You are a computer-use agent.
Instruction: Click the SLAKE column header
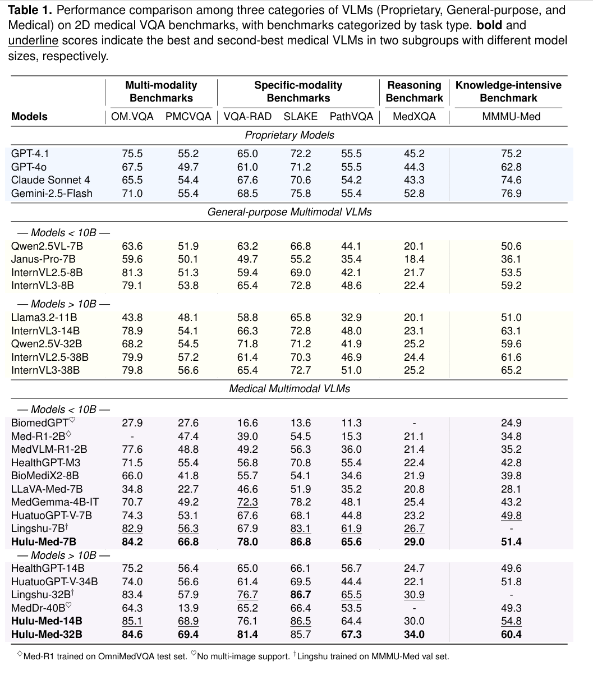coord(300,117)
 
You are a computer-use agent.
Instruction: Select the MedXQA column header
coord(414,117)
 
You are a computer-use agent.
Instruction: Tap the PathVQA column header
coord(351,117)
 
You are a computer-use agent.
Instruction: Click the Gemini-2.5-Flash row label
coord(52,194)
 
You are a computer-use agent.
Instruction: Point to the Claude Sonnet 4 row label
coord(50,180)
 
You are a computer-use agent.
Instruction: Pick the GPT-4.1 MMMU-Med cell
coord(511,154)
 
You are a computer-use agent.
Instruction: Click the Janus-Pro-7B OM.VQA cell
coord(132,259)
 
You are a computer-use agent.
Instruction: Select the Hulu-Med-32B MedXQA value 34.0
coord(414,635)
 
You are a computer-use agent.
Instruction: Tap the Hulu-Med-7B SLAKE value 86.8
coord(300,542)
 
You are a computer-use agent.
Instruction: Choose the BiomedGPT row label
coord(39,423)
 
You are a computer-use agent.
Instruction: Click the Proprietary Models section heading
coord(289,135)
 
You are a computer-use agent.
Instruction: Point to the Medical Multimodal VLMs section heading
coord(289,388)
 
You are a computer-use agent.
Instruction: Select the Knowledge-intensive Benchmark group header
coord(508,91)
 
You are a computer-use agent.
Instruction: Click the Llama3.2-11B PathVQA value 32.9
coord(351,318)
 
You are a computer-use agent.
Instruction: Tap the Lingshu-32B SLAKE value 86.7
coord(300,595)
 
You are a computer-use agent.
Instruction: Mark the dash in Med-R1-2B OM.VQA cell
coord(132,437)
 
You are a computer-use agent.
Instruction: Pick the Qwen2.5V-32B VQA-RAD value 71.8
coord(247,344)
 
